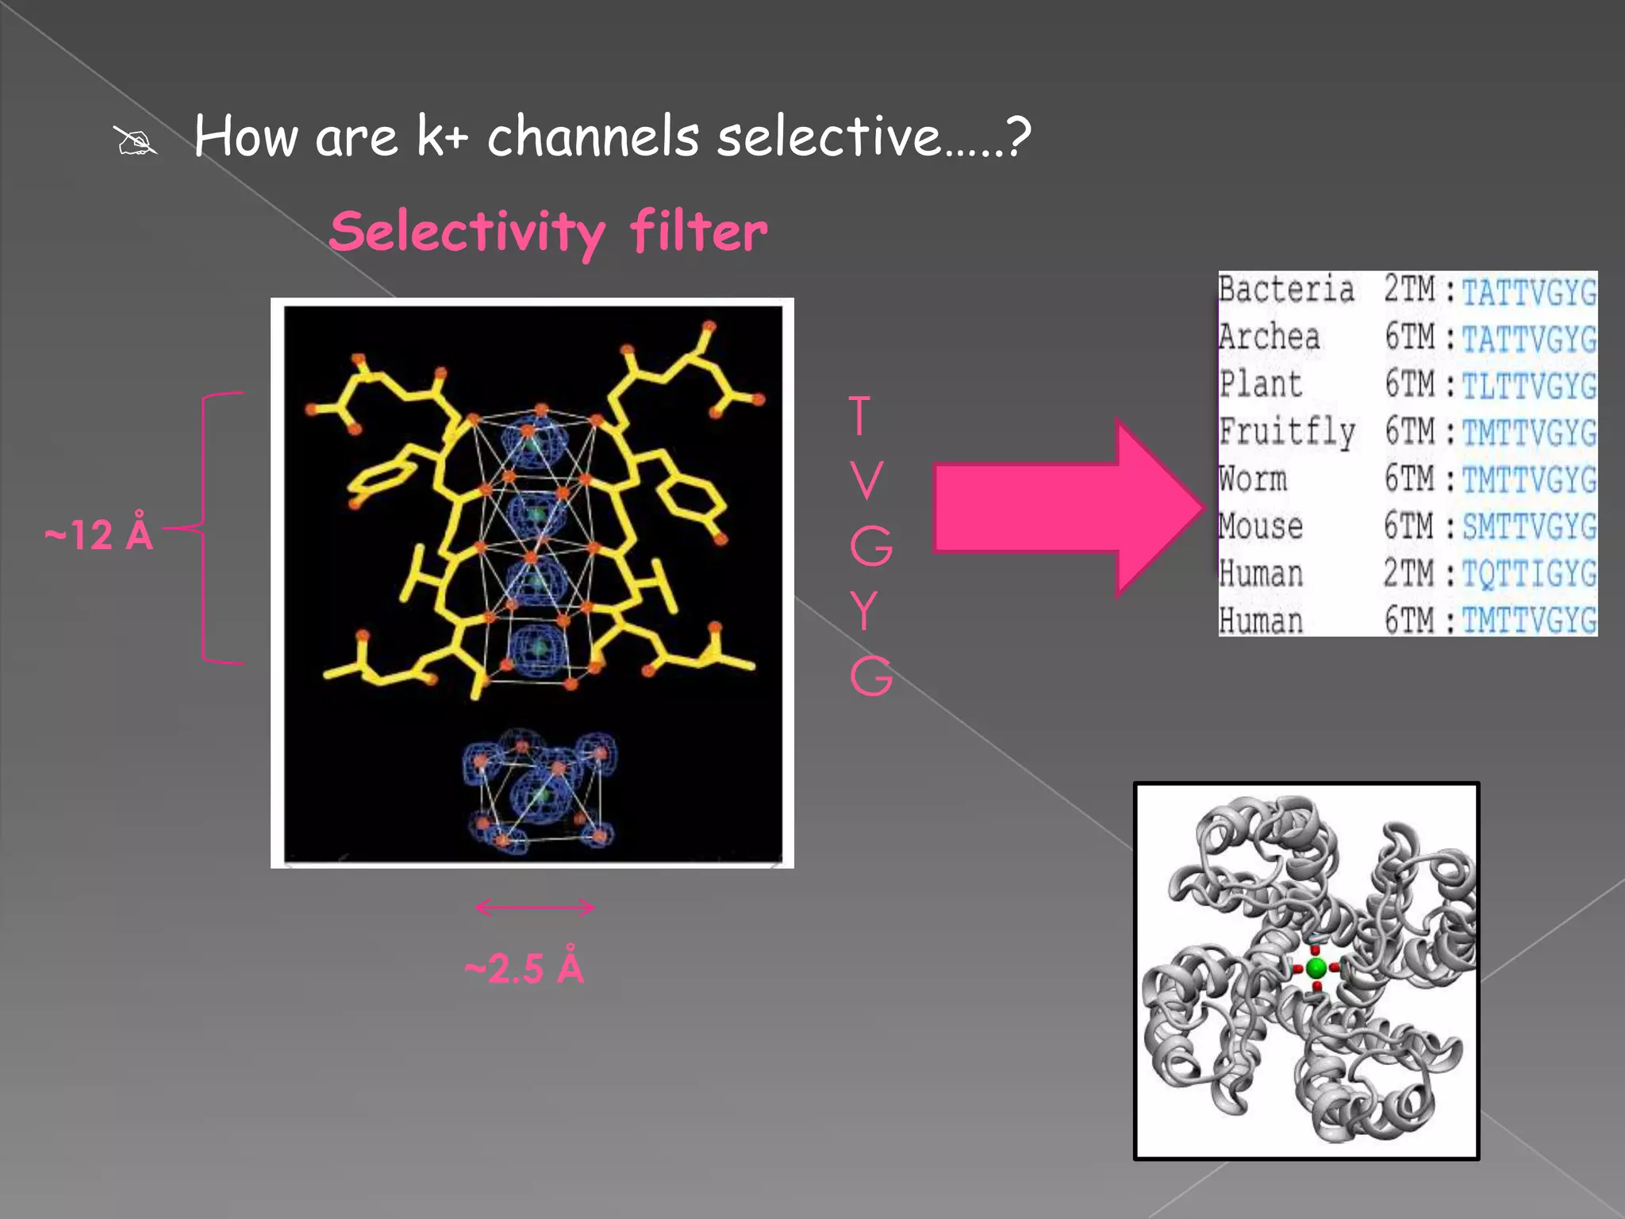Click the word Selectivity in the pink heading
tap(467, 232)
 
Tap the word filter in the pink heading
tap(698, 232)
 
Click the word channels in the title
tap(593, 137)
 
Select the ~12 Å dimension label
tap(99, 534)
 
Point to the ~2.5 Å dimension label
tap(524, 968)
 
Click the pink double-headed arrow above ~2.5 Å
tap(535, 907)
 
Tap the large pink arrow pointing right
tap(1067, 507)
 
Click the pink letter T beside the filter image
tap(860, 415)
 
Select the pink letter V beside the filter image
tap(866, 480)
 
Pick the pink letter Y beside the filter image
tap(864, 610)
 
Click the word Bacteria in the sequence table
tap(1286, 289)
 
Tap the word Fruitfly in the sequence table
tap(1287, 432)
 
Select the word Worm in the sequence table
tap(1254, 479)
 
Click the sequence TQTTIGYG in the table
tap(1529, 573)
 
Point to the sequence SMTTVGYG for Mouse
tap(1529, 526)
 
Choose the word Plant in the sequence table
tap(1261, 384)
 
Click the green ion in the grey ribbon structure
tap(1316, 968)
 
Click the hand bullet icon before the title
tap(136, 141)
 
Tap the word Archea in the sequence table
tap(1270, 336)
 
